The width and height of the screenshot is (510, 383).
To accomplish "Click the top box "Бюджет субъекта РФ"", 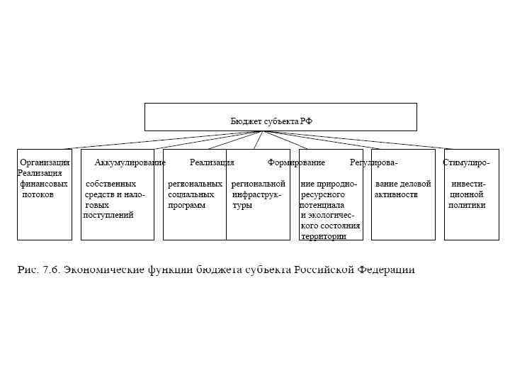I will (x=280, y=117).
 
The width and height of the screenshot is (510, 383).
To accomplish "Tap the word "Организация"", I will (x=45, y=162).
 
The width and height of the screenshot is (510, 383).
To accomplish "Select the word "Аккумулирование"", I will (x=130, y=162).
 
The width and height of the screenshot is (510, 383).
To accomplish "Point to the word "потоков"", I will (x=38, y=194).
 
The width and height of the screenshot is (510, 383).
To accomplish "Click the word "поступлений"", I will (x=108, y=215).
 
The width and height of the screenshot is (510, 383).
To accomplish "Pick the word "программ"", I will (x=186, y=205).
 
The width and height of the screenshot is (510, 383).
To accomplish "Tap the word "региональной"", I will (x=258, y=184).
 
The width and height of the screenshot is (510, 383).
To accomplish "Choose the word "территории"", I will (x=323, y=236).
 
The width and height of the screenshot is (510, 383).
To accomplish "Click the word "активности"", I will (x=396, y=194).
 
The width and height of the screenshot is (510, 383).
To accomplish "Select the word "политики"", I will (x=467, y=205).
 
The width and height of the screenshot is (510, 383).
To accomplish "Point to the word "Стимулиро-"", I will (x=466, y=162).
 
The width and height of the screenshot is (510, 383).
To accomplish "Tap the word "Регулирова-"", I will (x=373, y=162).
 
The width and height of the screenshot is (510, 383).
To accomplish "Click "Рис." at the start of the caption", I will (x=27, y=270).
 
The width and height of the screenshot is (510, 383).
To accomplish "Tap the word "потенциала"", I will (x=322, y=205).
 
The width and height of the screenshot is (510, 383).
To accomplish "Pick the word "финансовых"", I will (x=44, y=184).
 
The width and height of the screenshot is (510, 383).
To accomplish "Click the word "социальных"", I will (x=191, y=194).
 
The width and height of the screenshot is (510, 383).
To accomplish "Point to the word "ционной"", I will (x=466, y=194).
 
